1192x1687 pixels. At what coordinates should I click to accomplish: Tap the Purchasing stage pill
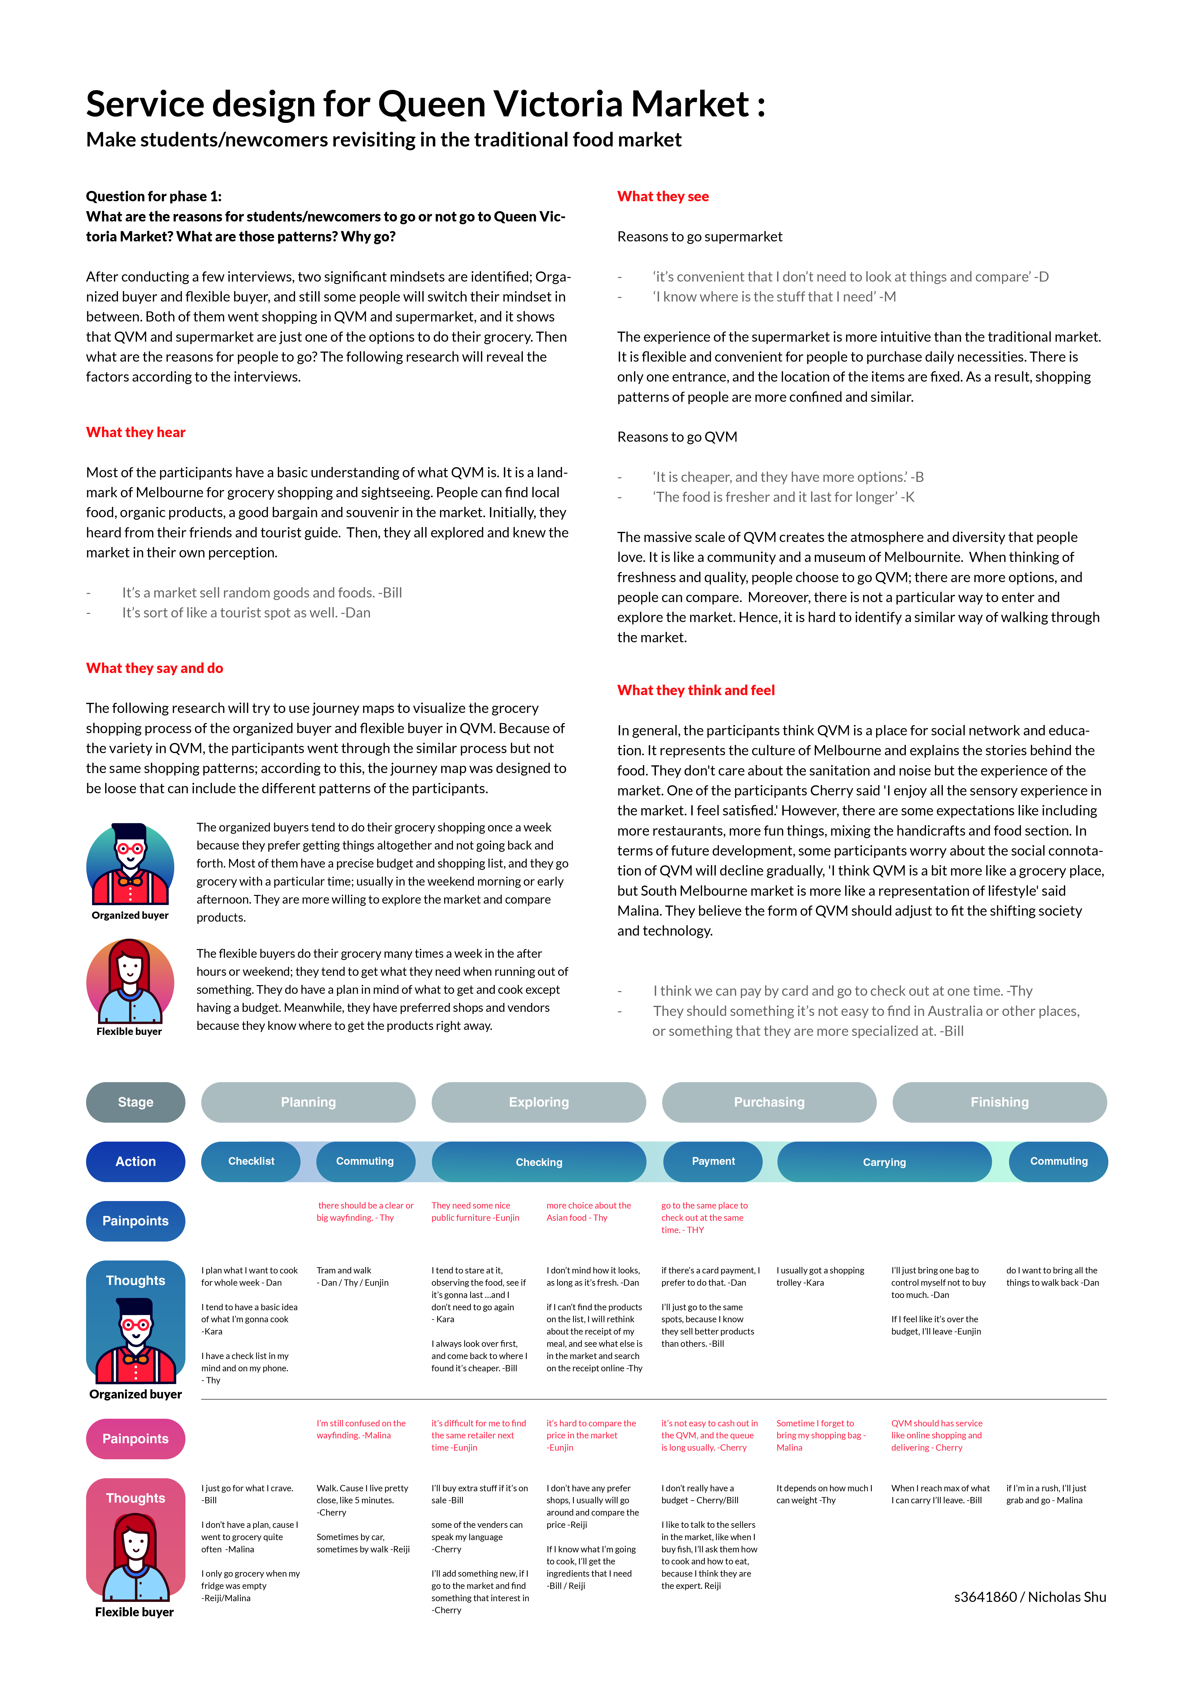tap(769, 1102)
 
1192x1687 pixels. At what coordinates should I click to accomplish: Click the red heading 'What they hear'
tap(136, 432)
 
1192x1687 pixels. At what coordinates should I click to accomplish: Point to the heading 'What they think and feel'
tap(696, 690)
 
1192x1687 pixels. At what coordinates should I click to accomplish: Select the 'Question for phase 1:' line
tap(154, 196)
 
